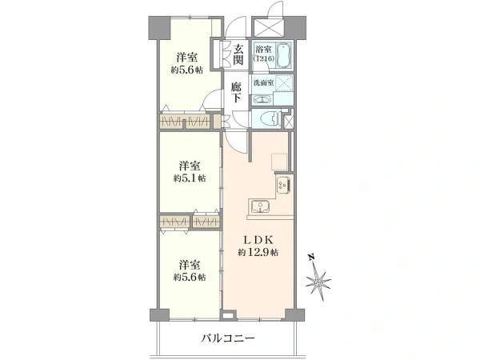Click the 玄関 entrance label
[238, 55]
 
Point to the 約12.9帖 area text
[258, 252]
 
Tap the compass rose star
[319, 282]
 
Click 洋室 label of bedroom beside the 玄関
[188, 57]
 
